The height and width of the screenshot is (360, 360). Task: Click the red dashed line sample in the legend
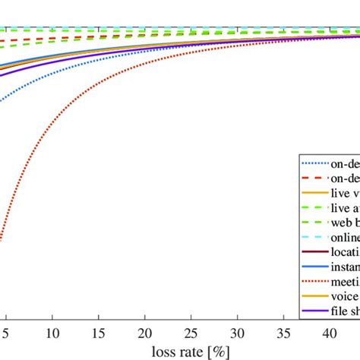click(x=315, y=179)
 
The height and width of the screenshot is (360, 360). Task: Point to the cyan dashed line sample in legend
click(x=315, y=237)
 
